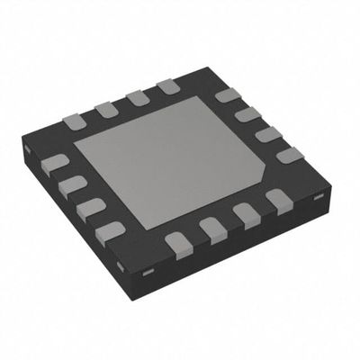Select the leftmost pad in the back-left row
click(x=74, y=121)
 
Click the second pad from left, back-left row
click(x=106, y=109)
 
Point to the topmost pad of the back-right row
click(x=227, y=95)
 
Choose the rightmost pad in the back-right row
click(x=290, y=155)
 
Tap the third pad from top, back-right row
click(x=268, y=134)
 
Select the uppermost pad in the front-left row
click(x=56, y=164)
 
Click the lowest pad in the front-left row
click(x=111, y=230)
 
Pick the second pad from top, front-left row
click(x=73, y=185)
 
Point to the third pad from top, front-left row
click(x=91, y=207)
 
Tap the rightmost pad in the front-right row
click(x=278, y=198)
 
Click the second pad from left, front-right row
click(x=212, y=229)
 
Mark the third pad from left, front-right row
click(x=246, y=214)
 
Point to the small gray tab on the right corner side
click(x=317, y=195)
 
